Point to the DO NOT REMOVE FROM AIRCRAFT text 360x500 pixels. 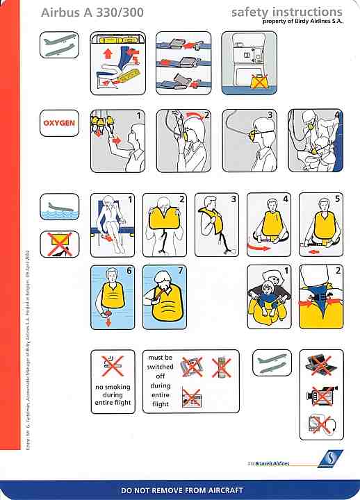point(182,490)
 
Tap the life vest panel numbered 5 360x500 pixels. point(321,224)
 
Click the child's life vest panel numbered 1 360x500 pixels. point(270,297)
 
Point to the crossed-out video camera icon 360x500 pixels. point(320,394)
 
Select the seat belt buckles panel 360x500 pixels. point(183,62)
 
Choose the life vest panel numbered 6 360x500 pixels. point(113,297)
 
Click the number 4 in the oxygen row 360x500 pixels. point(338,115)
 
